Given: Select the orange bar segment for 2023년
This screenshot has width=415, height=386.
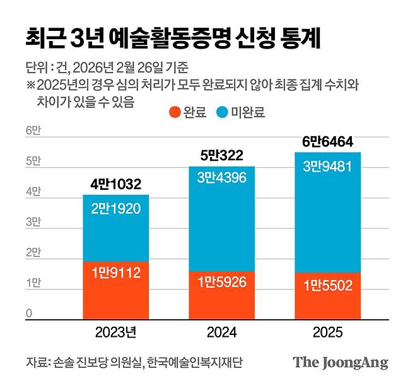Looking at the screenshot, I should (x=115, y=289).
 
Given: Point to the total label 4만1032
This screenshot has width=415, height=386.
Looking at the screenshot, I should (x=115, y=184).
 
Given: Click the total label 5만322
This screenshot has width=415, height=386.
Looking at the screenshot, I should (x=223, y=156).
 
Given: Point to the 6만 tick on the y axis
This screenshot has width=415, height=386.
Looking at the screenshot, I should (x=33, y=131).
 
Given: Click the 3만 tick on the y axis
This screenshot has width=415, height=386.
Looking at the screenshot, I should (x=33, y=222).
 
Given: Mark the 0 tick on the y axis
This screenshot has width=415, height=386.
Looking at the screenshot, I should (x=29, y=313).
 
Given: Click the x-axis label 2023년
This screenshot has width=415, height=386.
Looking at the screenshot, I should (x=115, y=332).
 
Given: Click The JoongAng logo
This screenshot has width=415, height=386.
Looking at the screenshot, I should (x=340, y=363).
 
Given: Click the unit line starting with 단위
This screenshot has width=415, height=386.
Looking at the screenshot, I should (x=107, y=67).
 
